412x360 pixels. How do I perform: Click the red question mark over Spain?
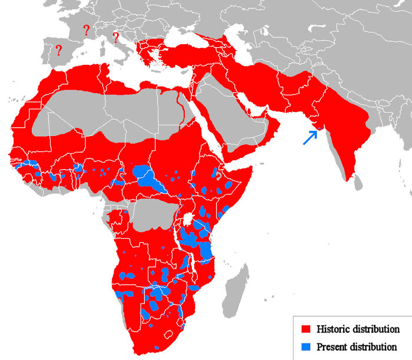click(x=58, y=50)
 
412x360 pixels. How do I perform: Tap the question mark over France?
click(x=87, y=29)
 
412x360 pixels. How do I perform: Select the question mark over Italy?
click(x=115, y=38)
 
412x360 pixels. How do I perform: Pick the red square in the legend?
click(x=305, y=329)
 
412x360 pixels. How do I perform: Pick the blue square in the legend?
click(x=305, y=346)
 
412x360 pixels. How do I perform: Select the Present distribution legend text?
click(x=356, y=346)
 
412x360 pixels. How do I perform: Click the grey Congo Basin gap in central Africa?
click(x=154, y=216)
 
